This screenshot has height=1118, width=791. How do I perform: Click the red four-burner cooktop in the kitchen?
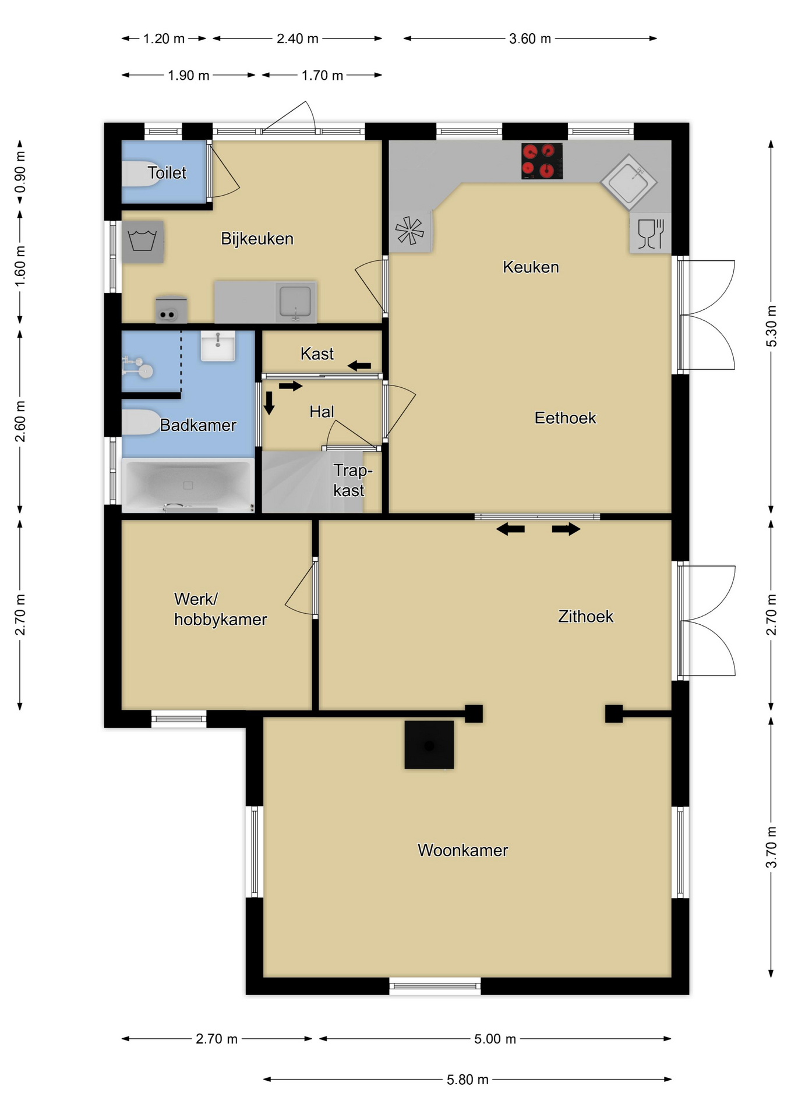(542, 161)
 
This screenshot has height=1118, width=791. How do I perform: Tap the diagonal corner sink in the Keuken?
(628, 182)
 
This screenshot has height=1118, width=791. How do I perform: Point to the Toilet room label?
(167, 173)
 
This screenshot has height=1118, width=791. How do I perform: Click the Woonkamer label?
(462, 850)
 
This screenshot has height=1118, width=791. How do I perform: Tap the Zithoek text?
(585, 616)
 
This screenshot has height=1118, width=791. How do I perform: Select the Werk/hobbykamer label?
(220, 609)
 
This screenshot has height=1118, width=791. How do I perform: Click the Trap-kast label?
(352, 480)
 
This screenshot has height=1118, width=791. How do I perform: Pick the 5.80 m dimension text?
(467, 1080)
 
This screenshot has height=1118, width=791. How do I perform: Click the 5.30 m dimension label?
(771, 326)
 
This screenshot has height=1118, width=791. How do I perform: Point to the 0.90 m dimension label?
(20, 172)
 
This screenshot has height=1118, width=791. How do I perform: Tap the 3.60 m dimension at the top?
(529, 39)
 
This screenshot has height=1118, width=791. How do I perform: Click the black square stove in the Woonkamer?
(429, 745)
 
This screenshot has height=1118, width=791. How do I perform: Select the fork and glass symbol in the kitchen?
(651, 233)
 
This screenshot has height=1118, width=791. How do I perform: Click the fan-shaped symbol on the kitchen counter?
(410, 231)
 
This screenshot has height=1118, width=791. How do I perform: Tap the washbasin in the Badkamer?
(218, 346)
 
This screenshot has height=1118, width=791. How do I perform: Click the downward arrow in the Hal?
(269, 403)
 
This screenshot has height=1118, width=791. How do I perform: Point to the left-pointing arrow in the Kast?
(359, 366)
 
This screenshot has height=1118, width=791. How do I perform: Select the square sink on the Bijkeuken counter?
(295, 302)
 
